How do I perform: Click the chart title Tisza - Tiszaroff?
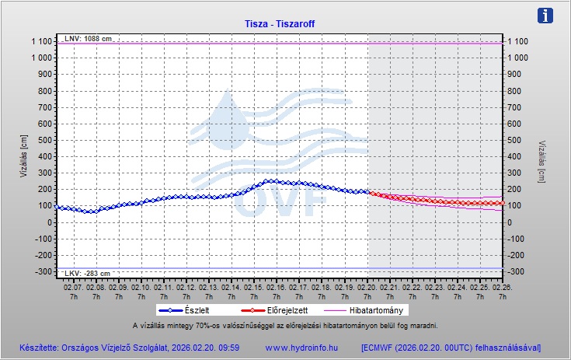tap(285, 23)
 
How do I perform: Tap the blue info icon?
tap(546, 15)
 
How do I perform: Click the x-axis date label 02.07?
tap(73, 287)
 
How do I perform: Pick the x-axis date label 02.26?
tap(503, 287)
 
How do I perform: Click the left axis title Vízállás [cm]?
tap(23, 156)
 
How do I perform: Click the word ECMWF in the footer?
tap(384, 347)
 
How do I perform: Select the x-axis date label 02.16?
tap(277, 287)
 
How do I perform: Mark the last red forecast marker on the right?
tap(503, 203)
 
